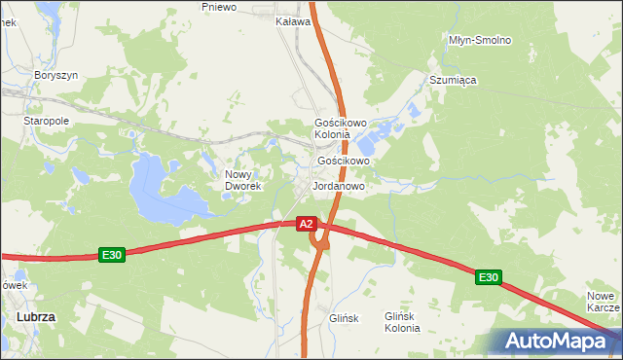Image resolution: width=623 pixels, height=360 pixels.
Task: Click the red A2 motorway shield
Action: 306,224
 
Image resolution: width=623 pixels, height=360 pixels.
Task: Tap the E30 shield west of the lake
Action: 112,255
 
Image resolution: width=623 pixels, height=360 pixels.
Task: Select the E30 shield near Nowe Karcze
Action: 488,277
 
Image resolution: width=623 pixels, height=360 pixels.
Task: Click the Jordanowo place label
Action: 338,185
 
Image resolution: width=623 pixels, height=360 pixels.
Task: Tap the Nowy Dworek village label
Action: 239,180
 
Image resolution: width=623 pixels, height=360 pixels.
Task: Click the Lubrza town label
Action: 36,317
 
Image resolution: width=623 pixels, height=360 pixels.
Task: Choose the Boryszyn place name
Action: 55,75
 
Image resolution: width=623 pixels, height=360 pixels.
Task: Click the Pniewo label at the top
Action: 219,7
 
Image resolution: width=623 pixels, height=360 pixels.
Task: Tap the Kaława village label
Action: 293,20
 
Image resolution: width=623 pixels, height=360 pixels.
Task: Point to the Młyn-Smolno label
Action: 480,40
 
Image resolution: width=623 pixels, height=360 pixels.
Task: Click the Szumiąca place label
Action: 453,81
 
